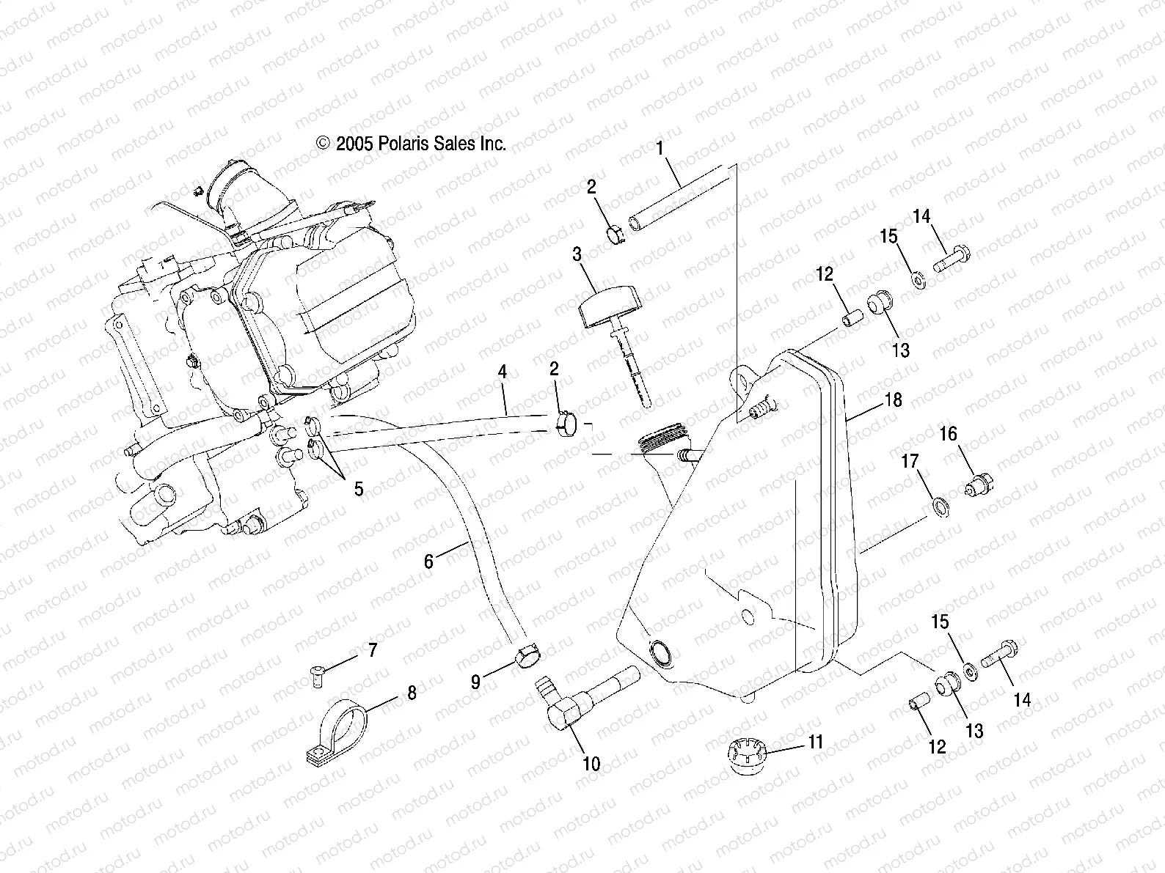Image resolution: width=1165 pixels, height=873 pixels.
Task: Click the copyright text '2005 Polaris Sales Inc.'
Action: pos(412,144)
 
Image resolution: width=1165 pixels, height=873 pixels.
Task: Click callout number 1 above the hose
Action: pos(660,149)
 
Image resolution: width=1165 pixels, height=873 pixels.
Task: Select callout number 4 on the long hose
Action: pos(502,372)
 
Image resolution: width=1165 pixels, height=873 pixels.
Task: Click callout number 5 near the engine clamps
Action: pos(358,489)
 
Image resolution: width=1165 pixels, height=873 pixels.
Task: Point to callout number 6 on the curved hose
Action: pos(429,561)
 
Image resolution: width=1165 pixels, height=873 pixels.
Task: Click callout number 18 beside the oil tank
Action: pos(894,400)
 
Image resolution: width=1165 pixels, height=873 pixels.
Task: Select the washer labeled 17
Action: pos(939,506)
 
